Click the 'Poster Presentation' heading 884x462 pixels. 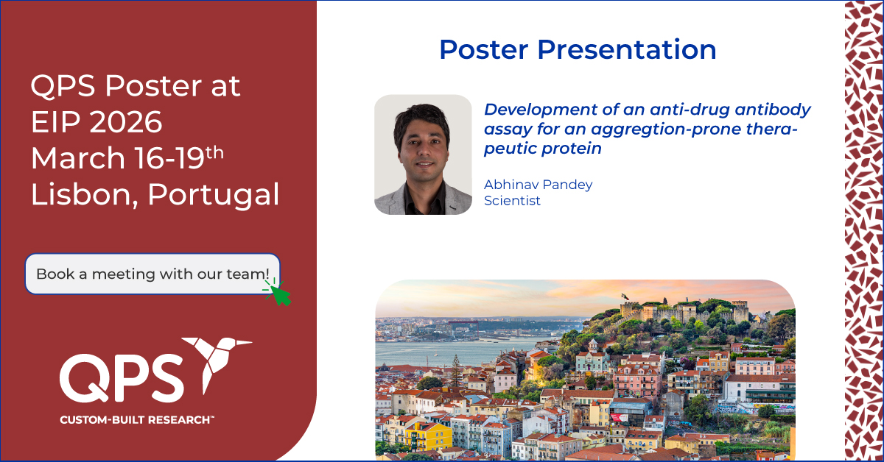click(578, 50)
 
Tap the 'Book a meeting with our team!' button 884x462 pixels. click(152, 274)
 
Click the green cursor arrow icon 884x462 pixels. click(278, 293)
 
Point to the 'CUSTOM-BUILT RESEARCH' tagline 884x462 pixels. click(137, 420)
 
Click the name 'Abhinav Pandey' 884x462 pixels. click(539, 185)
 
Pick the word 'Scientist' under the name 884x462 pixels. click(512, 201)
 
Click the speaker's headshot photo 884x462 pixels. click(423, 154)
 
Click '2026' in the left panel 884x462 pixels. click(126, 122)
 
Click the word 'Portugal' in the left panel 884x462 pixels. click(214, 195)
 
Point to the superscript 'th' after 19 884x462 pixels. click(214, 152)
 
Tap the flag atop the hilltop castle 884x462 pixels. click(625, 296)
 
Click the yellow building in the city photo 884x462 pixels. click(429, 437)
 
